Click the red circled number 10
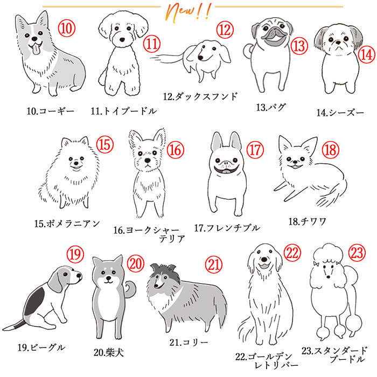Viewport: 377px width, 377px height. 67,28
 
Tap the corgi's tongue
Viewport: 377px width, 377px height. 36,50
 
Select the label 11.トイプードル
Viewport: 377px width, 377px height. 123,111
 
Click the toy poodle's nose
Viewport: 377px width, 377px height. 122,40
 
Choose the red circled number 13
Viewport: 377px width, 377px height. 299,46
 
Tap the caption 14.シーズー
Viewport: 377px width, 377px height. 340,113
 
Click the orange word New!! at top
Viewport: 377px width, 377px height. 188,12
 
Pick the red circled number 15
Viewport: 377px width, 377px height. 105,144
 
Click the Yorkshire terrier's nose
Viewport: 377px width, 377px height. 148,160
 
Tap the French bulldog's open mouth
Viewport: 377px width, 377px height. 226,170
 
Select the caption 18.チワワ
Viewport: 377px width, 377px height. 308,221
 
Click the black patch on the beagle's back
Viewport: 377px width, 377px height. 36,302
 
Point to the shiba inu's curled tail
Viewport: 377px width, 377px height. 130,289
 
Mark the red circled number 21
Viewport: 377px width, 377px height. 213,264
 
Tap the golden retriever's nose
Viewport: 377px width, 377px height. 264,260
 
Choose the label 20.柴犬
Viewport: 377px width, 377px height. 109,353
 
